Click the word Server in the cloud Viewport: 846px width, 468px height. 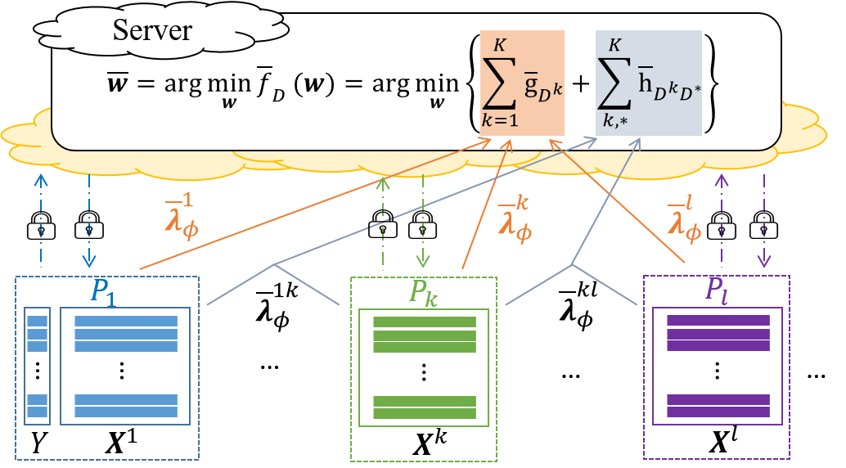tap(152, 30)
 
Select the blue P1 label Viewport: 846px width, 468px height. tap(102, 293)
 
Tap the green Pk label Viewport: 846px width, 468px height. tap(423, 293)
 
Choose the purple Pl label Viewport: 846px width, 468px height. tap(716, 292)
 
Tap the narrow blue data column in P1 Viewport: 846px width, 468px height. tap(38, 366)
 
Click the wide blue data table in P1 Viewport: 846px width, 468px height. tap(125, 366)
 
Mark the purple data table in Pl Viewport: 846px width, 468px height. tap(718, 366)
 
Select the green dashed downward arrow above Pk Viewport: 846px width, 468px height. tap(422, 221)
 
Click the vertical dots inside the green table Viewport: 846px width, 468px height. tap(424, 371)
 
